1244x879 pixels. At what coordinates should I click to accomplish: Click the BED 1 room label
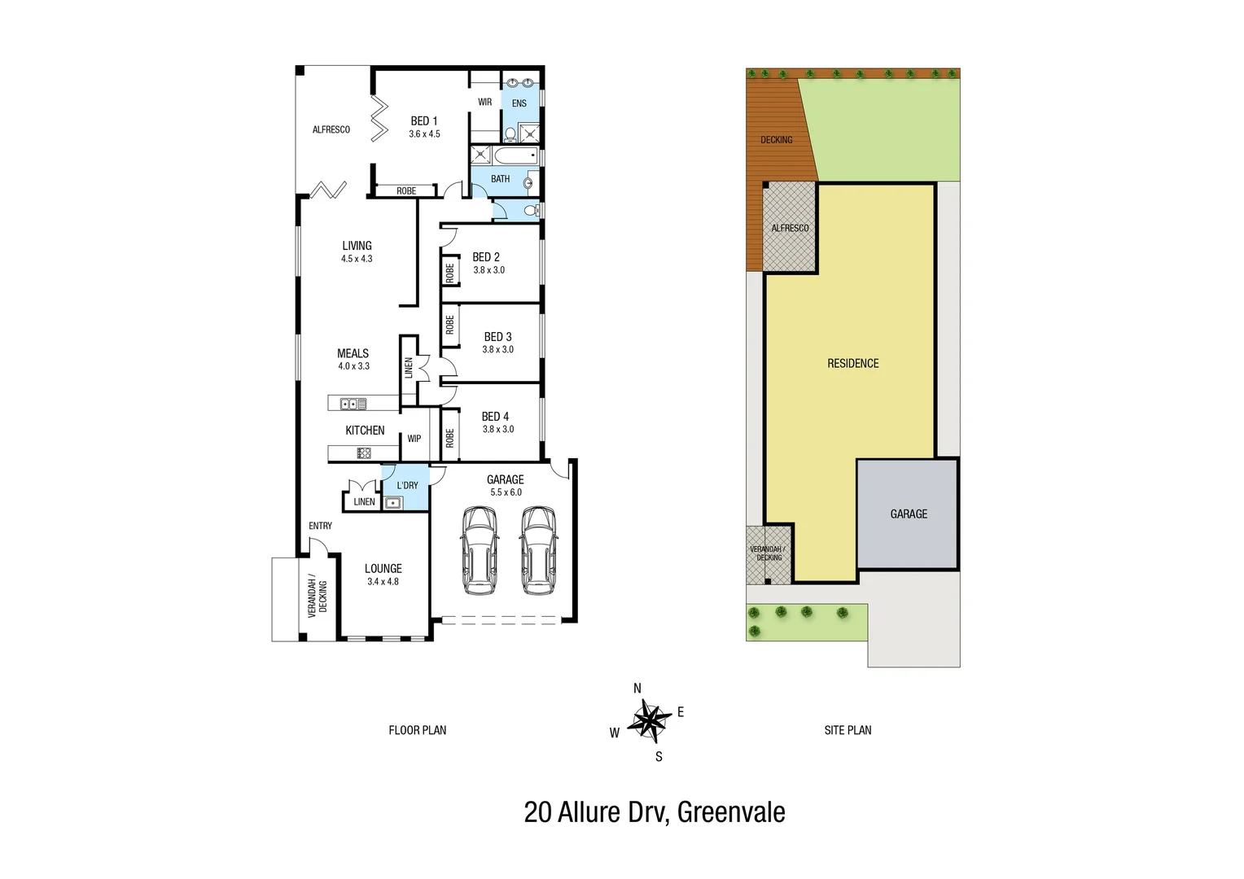coord(424,121)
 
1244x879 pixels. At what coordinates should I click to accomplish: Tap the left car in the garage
coord(479,550)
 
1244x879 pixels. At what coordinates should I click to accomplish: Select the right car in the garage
coord(537,550)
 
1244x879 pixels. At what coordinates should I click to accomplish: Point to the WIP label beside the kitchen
coord(414,439)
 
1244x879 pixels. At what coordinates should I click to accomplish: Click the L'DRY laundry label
coord(407,485)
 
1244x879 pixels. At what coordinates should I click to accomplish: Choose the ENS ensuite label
coord(519,103)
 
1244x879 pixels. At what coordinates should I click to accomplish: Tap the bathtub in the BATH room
coord(505,156)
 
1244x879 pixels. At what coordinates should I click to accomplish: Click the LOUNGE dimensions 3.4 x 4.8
coord(383,582)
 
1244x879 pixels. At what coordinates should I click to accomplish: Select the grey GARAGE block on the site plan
coord(908,514)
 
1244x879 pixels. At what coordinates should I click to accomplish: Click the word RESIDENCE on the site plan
coord(852,364)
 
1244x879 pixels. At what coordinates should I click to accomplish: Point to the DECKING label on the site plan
coord(776,140)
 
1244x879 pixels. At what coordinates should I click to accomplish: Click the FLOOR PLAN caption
coord(417,731)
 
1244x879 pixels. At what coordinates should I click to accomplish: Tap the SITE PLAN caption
coord(848,731)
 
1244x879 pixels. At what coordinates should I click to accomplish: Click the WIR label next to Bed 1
coord(484,103)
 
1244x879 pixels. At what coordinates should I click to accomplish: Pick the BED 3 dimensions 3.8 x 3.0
coord(497,350)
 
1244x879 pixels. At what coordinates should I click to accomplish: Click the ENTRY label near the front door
coord(320,526)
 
